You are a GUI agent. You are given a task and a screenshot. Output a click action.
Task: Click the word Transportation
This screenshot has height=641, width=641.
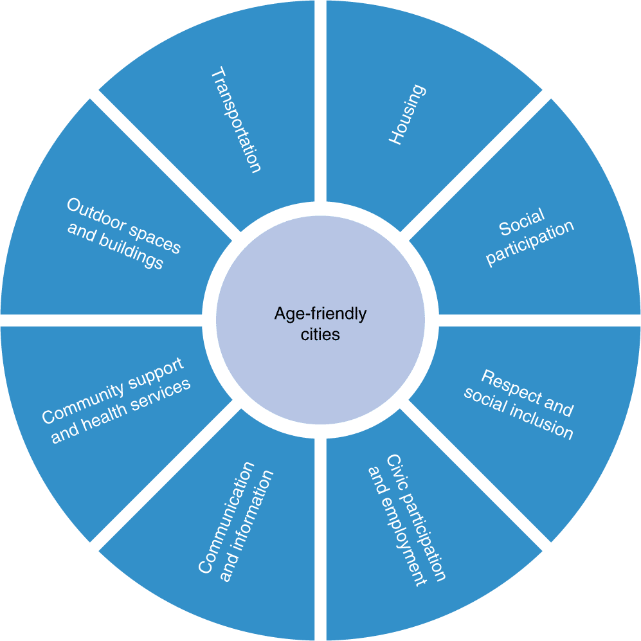pyautogui.click(x=237, y=120)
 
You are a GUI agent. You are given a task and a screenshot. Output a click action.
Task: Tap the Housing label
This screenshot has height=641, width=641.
pyautogui.click(x=407, y=114)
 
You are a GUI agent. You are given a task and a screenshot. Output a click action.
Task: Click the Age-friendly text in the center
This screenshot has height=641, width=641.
pyautogui.click(x=320, y=314)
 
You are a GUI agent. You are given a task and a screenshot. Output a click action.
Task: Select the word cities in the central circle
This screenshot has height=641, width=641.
pyautogui.click(x=320, y=334)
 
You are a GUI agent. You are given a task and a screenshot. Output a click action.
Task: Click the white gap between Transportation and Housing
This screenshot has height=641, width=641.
pyautogui.click(x=320, y=96)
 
